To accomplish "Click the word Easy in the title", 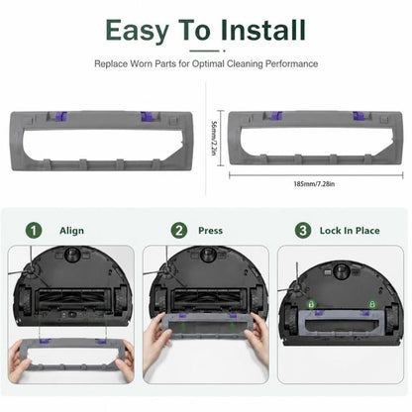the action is tap(137, 31).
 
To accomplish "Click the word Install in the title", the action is tap(262, 30).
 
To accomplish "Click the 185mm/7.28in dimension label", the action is tap(314, 184).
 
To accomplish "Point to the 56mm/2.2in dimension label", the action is tap(214, 138).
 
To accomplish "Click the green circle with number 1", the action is tap(34, 230).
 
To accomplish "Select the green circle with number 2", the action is tap(179, 230).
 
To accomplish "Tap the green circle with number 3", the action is tap(303, 230).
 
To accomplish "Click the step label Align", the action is tap(71, 231).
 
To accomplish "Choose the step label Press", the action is tap(210, 231).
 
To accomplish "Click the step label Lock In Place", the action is tap(350, 231).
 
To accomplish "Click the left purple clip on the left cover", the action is tap(60, 116).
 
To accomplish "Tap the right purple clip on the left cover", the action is tap(147, 116).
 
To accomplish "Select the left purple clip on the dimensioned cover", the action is tap(276, 116).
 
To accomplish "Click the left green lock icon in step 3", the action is tap(311, 304).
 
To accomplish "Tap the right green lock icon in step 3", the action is tap(372, 304).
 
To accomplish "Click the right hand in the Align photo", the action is tap(124, 360).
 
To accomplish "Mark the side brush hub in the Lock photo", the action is tap(296, 288).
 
